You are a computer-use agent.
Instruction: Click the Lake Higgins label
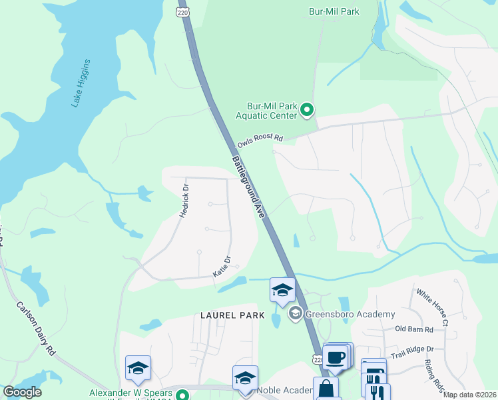tap(81, 83)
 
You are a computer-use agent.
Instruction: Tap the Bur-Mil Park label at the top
tap(334, 11)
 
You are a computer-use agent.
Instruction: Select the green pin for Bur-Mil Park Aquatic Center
tap(307, 109)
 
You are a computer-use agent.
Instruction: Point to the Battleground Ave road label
tap(248, 185)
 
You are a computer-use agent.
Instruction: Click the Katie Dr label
tap(222, 267)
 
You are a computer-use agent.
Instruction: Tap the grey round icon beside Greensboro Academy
tap(294, 313)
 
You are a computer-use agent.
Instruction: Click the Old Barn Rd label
tap(413, 329)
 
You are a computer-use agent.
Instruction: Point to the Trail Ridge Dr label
tap(411, 349)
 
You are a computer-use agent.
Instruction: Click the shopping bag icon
tap(326, 388)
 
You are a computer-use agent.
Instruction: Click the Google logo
tap(22, 393)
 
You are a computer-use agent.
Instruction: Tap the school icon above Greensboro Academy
tap(282, 290)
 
